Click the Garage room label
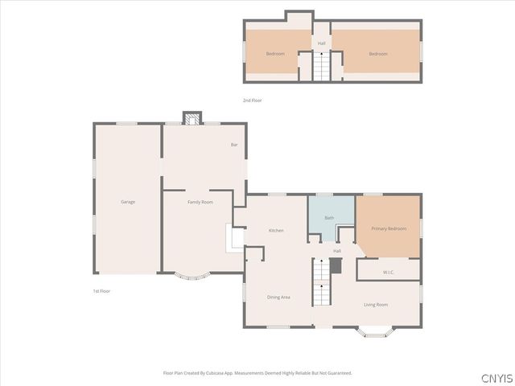127,202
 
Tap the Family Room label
200,202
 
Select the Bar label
234,145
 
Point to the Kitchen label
276,231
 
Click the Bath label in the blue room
329,218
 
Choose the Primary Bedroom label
389,228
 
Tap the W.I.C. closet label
388,271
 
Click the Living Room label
376,305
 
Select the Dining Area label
278,298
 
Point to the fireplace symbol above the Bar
191,119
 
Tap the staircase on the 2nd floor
322,66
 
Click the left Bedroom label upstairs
275,54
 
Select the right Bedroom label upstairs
378,54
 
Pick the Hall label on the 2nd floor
322,43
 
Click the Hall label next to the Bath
337,252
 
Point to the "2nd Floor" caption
253,101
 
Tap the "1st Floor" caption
101,290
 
